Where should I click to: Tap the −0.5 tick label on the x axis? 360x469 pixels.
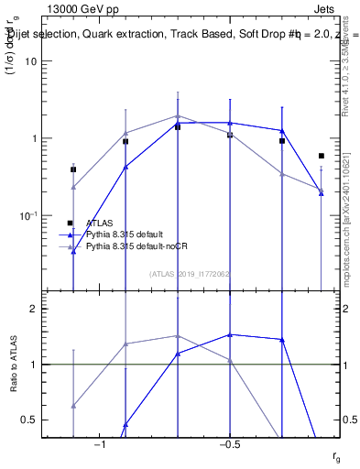228,443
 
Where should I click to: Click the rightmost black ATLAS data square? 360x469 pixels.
321,156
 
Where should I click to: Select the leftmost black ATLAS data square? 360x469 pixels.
73,169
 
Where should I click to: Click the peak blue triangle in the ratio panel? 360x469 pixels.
230,334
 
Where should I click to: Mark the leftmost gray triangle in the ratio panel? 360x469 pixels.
73,405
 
